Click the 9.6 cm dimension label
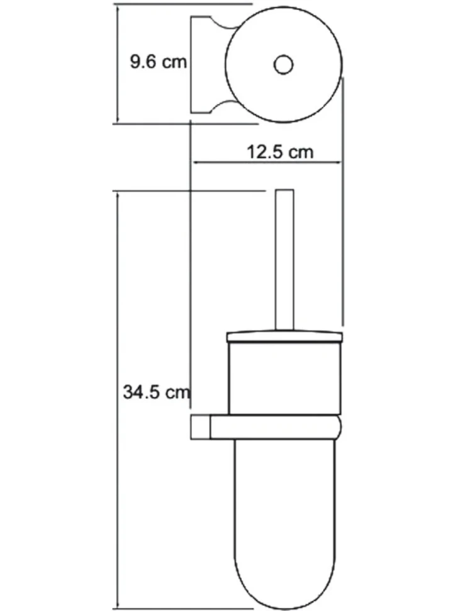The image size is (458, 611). pos(158,62)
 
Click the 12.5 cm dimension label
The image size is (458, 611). pos(280,152)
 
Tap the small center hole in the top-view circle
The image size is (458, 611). pos(283,65)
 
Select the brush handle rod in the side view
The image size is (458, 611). pos(284,260)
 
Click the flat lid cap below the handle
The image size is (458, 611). pos(284,336)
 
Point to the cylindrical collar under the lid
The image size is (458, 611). pos(285,378)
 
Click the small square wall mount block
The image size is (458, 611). pos(201,428)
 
